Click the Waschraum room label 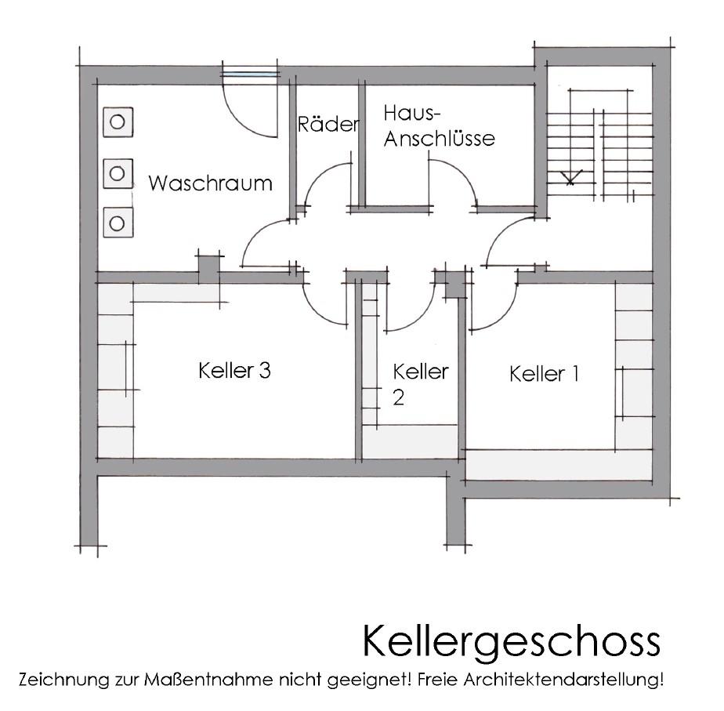pos(210,183)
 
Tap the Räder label pos(328,124)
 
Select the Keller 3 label pos(234,371)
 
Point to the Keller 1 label pos(544,374)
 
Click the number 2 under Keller pos(399,397)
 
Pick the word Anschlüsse pos(439,138)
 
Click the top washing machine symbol pos(118,122)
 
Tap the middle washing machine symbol pos(118,174)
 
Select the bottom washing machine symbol pos(118,223)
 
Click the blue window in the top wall pos(250,74)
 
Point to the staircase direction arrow pos(571,177)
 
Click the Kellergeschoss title pos(511,641)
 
